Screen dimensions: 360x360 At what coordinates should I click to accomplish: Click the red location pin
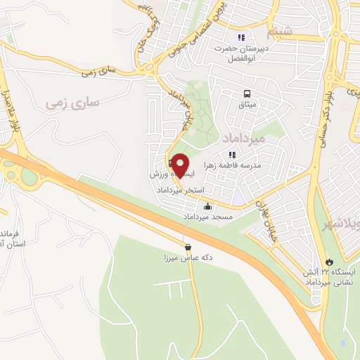180,165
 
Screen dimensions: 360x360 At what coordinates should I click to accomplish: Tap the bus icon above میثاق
247,94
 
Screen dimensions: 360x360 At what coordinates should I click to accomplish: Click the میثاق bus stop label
247,105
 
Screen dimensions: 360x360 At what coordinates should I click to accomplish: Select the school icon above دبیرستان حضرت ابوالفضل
241,37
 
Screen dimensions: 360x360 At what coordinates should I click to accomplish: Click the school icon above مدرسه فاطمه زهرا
232,154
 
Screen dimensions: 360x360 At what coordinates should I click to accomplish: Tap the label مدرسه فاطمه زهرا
232,165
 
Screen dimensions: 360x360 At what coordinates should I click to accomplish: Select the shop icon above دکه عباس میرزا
188,247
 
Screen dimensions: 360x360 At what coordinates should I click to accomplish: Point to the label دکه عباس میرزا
188,258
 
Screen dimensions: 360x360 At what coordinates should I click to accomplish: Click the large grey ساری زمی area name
73,103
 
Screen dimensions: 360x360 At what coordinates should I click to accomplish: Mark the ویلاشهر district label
338,224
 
